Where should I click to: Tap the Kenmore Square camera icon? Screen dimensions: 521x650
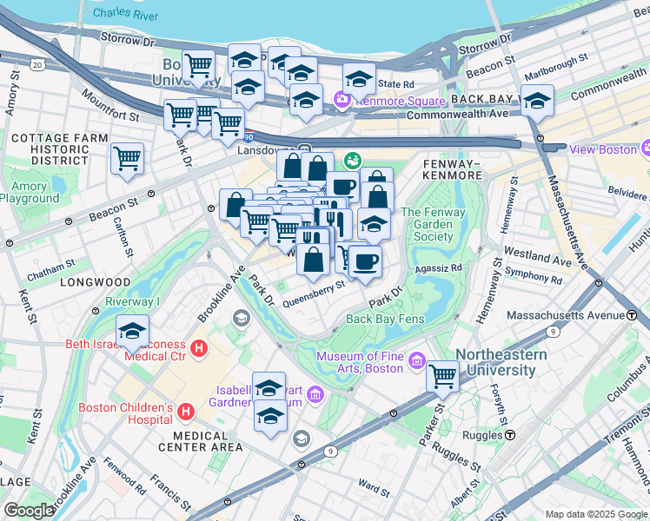(x=342, y=101)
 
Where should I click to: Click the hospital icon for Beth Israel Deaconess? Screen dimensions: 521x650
(x=199, y=349)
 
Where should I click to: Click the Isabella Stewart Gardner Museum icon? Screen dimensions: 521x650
(x=315, y=396)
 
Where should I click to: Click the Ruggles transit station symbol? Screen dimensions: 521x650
(x=510, y=434)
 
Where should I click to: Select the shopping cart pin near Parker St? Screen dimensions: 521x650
(x=443, y=376)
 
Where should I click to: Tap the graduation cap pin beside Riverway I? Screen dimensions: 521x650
(x=133, y=331)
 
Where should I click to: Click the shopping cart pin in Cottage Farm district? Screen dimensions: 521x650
(x=128, y=159)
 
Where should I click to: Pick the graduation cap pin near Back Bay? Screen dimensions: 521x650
(x=537, y=101)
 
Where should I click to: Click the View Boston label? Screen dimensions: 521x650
(x=604, y=149)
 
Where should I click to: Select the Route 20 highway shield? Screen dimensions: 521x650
(x=36, y=65)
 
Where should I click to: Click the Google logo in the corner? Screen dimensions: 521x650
(x=30, y=510)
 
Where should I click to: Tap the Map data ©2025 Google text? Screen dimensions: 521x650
(x=595, y=513)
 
